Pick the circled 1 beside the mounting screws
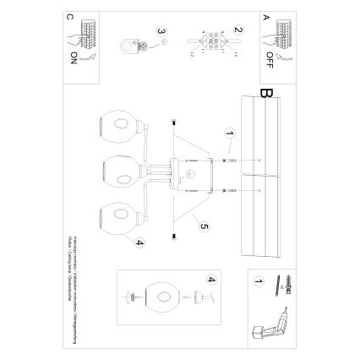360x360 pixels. click(x=227, y=134)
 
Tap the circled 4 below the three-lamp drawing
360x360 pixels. click(x=137, y=244)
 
